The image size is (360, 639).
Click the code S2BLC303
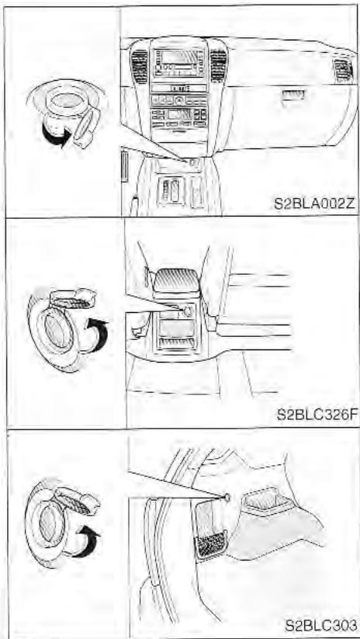coord(318,623)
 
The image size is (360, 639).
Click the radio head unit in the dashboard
coord(180,61)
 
